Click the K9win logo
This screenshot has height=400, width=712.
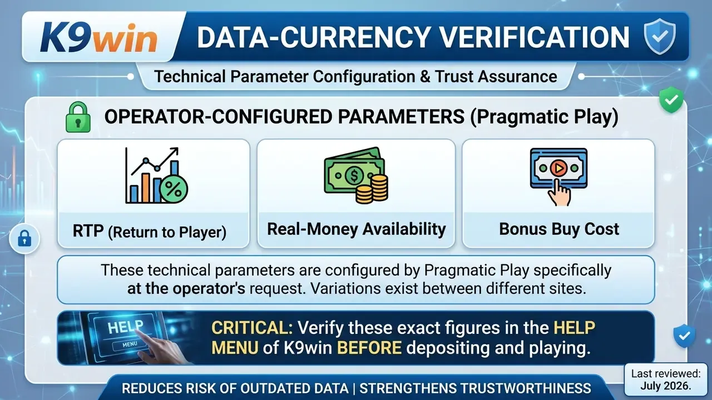[x=98, y=37]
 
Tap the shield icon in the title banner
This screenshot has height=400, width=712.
[x=660, y=37]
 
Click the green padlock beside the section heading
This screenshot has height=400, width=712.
[x=78, y=117]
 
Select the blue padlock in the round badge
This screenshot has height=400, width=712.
[x=24, y=238]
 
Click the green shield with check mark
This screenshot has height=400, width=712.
[x=671, y=99]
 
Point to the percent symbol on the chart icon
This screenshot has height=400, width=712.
[x=174, y=189]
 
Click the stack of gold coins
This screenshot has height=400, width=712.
[x=372, y=189]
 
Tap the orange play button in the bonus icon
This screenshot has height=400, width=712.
[x=558, y=168]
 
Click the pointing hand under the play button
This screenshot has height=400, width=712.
[x=560, y=192]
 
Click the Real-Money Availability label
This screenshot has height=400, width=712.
[x=357, y=229]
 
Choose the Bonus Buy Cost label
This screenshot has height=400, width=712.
[x=559, y=229]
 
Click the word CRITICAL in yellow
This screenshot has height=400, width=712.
[x=252, y=328]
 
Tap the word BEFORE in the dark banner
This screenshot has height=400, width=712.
[x=369, y=348]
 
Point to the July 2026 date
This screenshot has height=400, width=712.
[x=666, y=386]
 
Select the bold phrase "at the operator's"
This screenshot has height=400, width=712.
[x=186, y=289]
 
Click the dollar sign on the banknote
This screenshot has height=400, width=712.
[x=353, y=175]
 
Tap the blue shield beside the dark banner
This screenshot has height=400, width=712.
[x=684, y=336]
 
